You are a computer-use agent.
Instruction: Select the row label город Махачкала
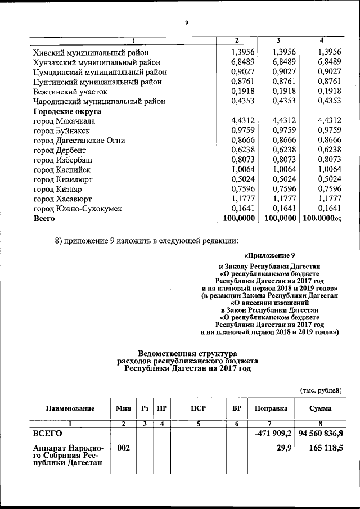64,121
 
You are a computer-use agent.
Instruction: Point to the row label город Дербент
60,150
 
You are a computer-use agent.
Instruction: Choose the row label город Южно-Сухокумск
77,209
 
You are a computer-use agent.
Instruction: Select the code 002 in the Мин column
124,448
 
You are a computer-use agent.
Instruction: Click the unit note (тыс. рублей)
321,390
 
